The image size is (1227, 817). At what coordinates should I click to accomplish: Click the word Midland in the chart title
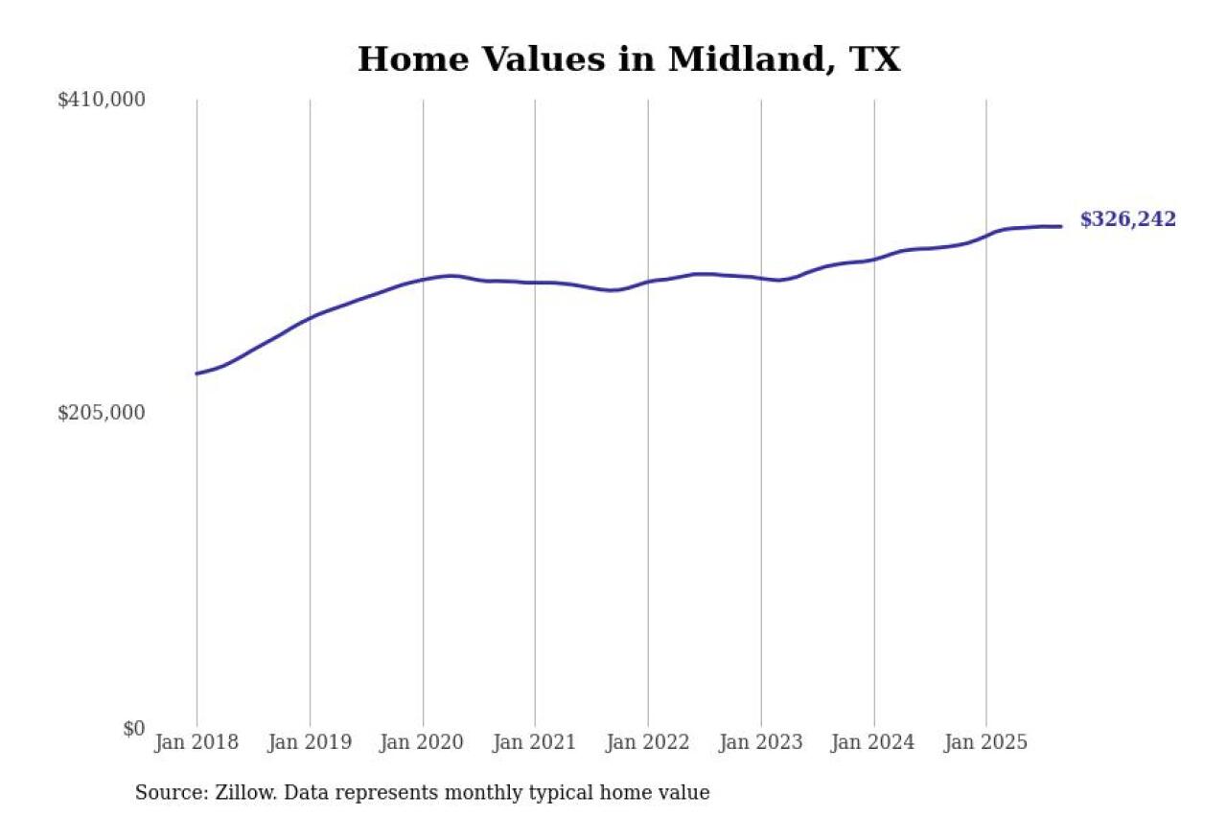click(732, 59)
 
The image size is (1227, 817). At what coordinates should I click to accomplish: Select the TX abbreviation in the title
click(875, 59)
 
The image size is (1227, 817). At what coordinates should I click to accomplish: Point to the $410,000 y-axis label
click(102, 100)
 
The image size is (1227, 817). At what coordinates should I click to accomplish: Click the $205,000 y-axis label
click(102, 413)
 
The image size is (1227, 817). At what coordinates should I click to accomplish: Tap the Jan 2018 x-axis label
click(197, 742)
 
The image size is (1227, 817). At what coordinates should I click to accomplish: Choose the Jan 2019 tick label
click(310, 742)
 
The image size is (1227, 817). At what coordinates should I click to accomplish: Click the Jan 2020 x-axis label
click(423, 742)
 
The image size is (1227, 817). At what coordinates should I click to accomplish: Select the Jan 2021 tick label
click(535, 742)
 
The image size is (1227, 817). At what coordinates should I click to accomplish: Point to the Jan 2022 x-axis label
click(648, 742)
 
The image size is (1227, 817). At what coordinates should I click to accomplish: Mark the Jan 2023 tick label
click(761, 742)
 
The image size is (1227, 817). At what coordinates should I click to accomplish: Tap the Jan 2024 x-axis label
click(873, 742)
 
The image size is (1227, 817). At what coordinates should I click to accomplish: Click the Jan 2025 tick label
click(986, 742)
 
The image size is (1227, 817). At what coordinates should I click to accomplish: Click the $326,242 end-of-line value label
click(1127, 220)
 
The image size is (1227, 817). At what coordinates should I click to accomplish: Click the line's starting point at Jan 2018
click(197, 374)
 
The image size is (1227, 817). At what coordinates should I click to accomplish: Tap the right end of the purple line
click(1061, 227)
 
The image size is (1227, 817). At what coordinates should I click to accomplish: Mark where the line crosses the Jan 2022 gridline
click(648, 282)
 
